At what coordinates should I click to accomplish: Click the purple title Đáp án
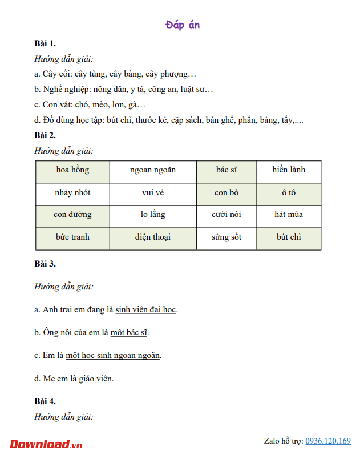[183, 25]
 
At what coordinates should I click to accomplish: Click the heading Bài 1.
[45, 43]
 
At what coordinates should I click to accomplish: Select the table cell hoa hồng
[72, 170]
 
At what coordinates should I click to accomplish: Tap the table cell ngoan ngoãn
[153, 170]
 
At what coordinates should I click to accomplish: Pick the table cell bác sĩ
[226, 170]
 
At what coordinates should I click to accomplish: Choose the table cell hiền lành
[289, 170]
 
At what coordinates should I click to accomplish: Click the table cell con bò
[226, 192]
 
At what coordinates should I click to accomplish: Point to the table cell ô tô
[289, 192]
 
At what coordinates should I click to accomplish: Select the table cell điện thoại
[153, 237]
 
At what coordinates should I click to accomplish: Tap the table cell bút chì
[289, 237]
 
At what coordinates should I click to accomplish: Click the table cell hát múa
[289, 215]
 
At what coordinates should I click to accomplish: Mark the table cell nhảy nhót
[72, 192]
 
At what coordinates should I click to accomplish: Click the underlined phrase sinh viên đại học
[146, 309]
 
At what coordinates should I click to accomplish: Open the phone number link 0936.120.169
[328, 441]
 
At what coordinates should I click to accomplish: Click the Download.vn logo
[46, 444]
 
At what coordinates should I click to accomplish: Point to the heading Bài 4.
[45, 401]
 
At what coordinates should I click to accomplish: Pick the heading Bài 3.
[45, 264]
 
